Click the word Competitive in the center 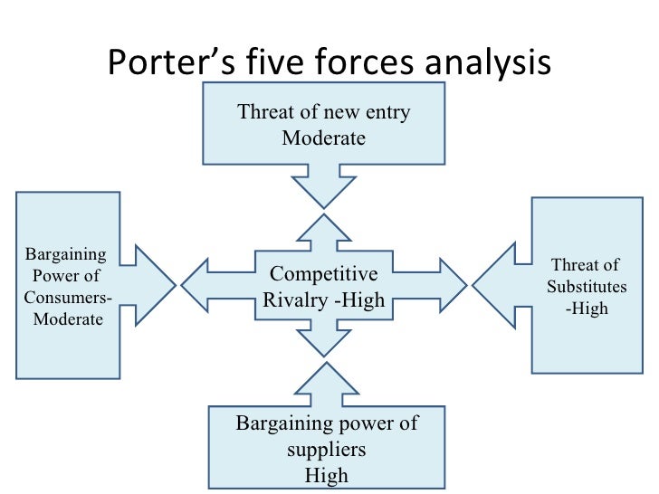click(325, 274)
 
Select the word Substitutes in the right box click(585, 287)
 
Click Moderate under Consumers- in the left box click(68, 319)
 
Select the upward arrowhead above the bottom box click(326, 380)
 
